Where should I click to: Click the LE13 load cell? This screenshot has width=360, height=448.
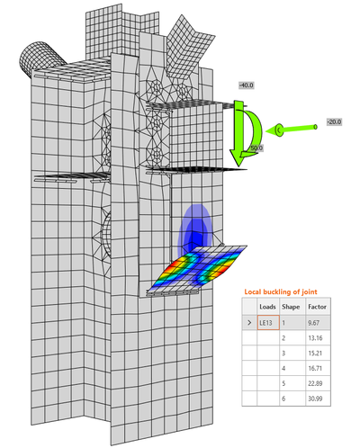pos(267,320)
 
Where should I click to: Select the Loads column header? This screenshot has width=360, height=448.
pos(267,305)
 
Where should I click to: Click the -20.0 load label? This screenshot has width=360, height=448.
pos(334,122)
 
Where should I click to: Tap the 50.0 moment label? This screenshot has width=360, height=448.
pos(256,148)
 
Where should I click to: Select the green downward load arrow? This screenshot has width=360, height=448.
pos(241,135)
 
